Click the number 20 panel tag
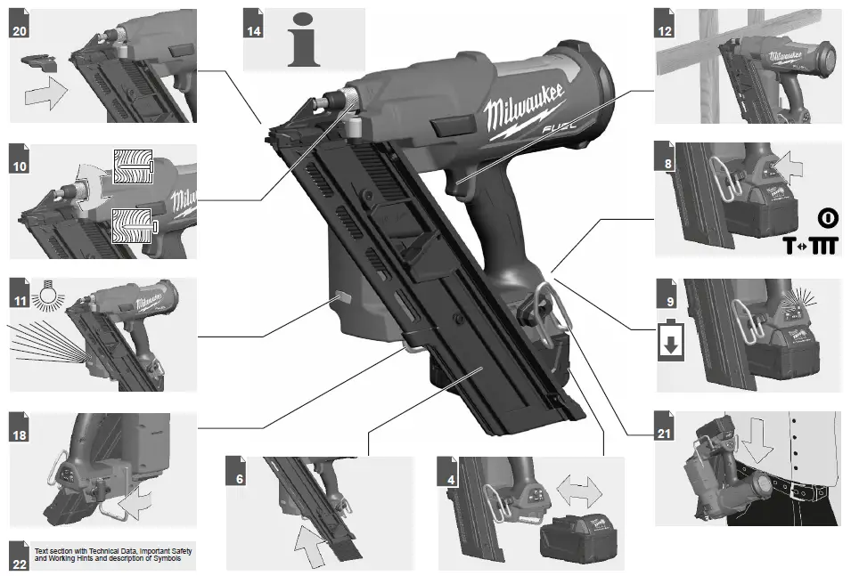19,28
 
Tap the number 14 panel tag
254,28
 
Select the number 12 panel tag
664,28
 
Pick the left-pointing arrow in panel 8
787,164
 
